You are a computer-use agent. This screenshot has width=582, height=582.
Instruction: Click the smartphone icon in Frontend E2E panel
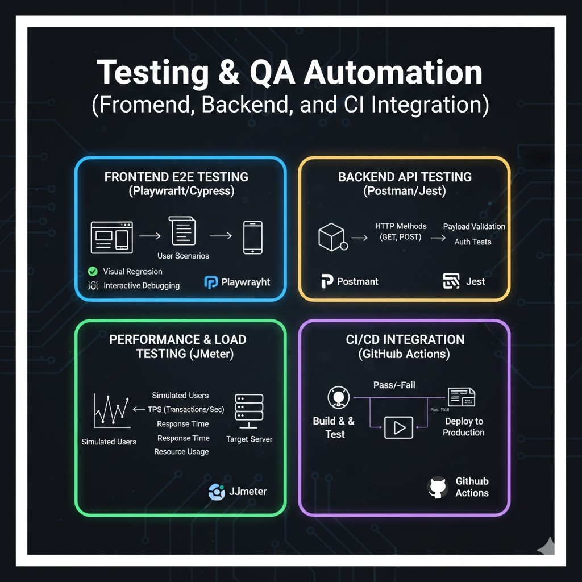point(252,237)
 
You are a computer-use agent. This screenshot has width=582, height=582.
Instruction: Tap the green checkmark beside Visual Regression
point(93,272)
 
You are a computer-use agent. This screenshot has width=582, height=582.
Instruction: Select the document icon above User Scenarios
point(183,231)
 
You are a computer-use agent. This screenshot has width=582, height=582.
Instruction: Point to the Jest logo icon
point(451,281)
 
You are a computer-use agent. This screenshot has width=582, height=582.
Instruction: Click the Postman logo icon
point(327,281)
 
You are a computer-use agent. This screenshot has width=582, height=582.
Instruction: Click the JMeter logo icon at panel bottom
point(217,492)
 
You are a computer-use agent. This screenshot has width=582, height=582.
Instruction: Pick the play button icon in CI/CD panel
point(398,427)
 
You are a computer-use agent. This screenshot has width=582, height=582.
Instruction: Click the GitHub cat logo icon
point(437,488)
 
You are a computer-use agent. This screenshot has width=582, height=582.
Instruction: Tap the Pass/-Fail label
point(394,385)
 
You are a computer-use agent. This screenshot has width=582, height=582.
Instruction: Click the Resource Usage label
point(181,452)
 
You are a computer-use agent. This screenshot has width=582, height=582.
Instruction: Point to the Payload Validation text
point(474,226)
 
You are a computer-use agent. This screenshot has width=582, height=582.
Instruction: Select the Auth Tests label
point(473,242)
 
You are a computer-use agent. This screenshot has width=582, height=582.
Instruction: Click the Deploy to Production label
point(464,427)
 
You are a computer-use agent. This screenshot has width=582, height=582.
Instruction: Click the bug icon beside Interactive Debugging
point(93,285)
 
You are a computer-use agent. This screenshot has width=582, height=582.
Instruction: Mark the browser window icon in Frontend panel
point(111,237)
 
